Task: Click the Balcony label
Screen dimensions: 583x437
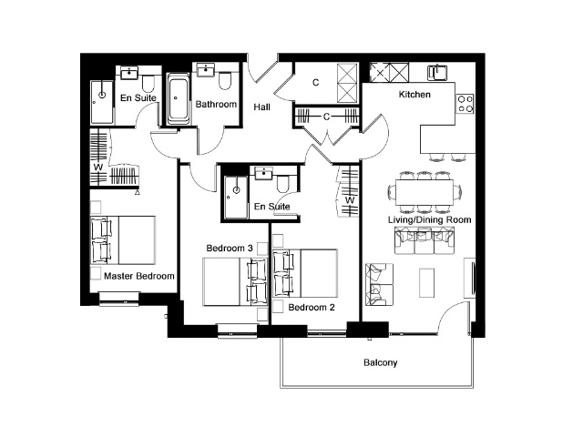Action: [381, 362]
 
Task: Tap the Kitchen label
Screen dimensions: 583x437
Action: [414, 95]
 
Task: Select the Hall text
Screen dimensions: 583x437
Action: [261, 107]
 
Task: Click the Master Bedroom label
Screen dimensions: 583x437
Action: [139, 276]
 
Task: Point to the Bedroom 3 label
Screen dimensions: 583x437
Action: [230, 248]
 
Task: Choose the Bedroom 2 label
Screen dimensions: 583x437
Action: [312, 308]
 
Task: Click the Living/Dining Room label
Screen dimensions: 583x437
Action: [429, 219]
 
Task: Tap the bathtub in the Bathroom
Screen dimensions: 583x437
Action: [178, 99]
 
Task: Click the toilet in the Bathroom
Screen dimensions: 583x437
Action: [225, 81]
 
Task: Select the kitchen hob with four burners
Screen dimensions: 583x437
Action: [465, 103]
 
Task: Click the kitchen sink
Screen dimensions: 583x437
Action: [437, 72]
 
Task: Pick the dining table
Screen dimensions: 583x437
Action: [424, 192]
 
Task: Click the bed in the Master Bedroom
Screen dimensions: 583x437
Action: [123, 240]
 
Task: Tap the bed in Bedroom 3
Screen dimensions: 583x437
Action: [235, 282]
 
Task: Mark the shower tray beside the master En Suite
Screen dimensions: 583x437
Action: [102, 102]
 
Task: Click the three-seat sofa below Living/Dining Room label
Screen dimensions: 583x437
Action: [424, 240]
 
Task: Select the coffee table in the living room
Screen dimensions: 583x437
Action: [426, 283]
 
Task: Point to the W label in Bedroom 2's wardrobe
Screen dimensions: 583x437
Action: [350, 200]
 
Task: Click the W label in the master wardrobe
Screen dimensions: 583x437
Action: [98, 168]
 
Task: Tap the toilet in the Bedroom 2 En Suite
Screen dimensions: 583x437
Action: [283, 184]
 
